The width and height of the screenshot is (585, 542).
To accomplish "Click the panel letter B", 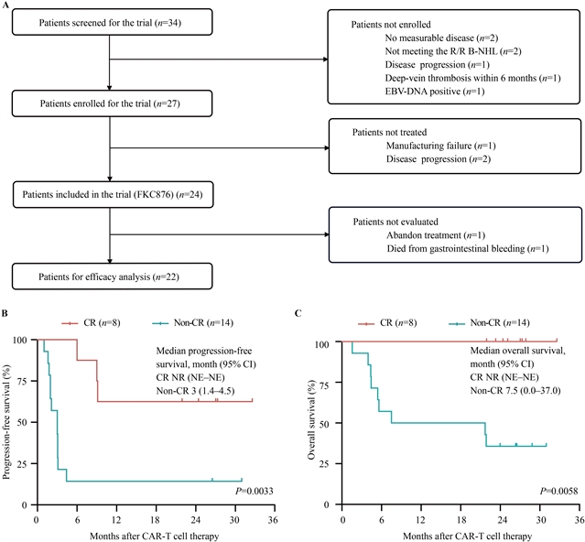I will pyautogui.click(x=5, y=313).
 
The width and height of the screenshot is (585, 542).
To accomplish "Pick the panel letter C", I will pyautogui.click(x=298, y=313).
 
